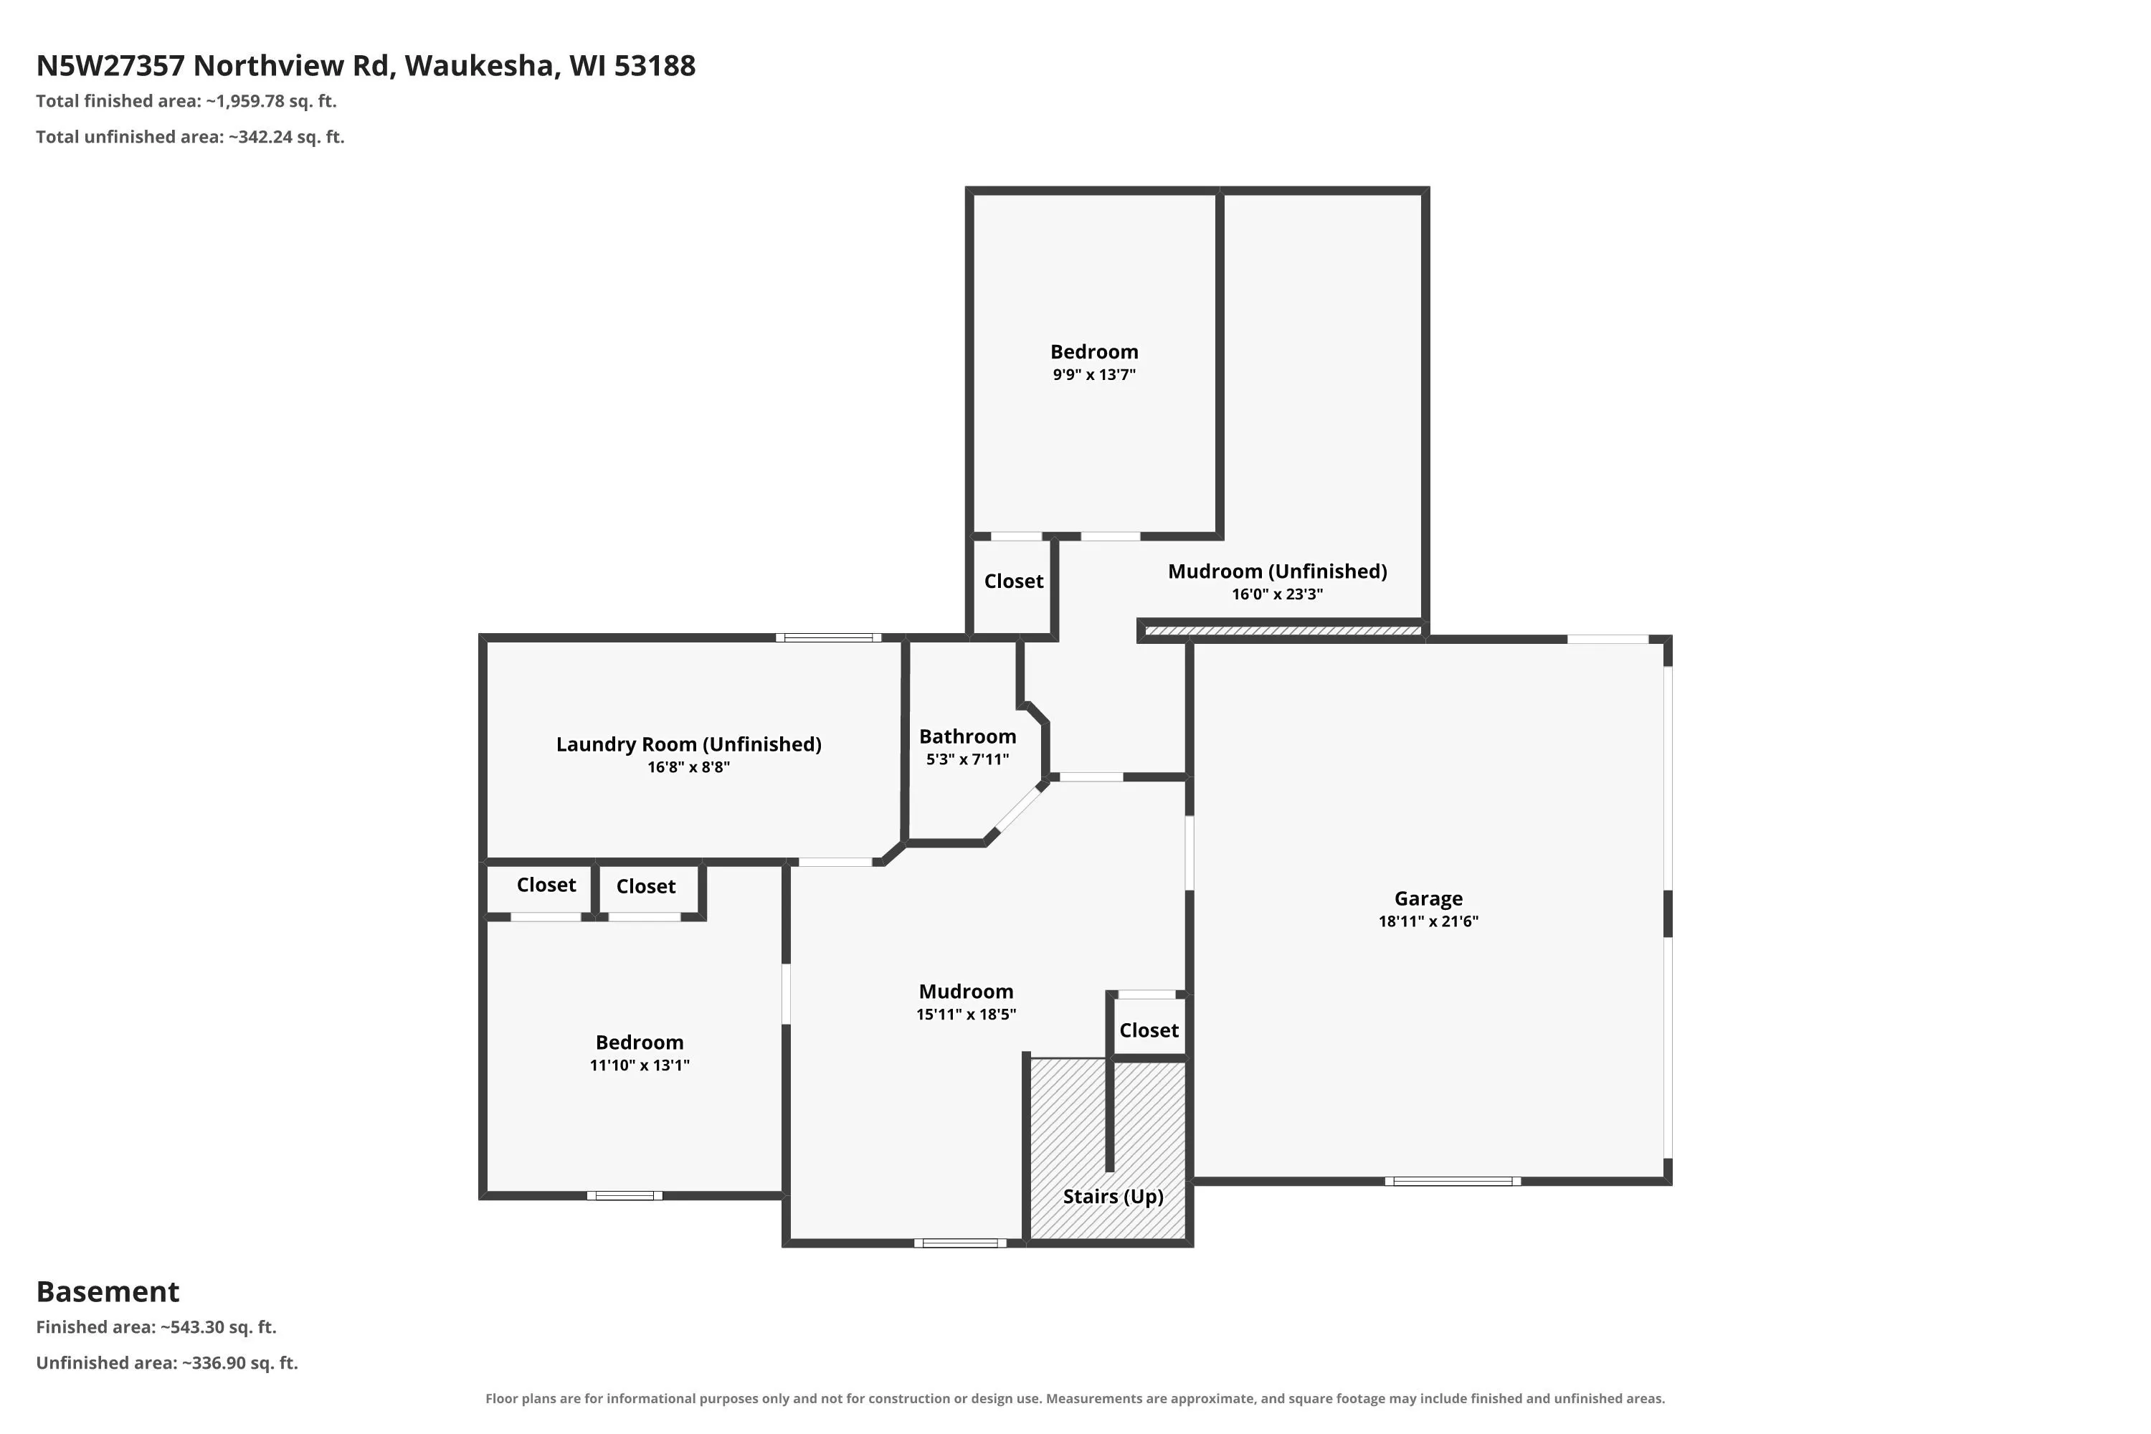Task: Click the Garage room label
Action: click(x=1428, y=899)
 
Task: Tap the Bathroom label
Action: click(x=967, y=736)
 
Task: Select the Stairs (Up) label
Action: click(x=1113, y=1196)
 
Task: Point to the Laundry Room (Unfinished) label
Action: click(x=688, y=744)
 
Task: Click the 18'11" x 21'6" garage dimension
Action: click(x=1428, y=921)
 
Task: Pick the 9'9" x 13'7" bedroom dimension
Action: click(x=1094, y=374)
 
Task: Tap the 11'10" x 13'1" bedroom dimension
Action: click(x=640, y=1065)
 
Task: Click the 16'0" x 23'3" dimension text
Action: click(x=1277, y=594)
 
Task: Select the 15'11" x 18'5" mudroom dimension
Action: click(x=966, y=1013)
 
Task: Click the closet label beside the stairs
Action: click(x=1149, y=1030)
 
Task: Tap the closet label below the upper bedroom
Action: click(x=1013, y=581)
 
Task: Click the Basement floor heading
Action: click(x=108, y=1291)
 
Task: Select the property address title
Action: click(x=366, y=66)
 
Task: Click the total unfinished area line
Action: click(x=190, y=137)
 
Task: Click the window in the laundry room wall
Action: click(x=829, y=637)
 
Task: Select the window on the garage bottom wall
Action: click(x=1453, y=1181)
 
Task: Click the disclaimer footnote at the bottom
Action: click(x=1075, y=1398)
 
